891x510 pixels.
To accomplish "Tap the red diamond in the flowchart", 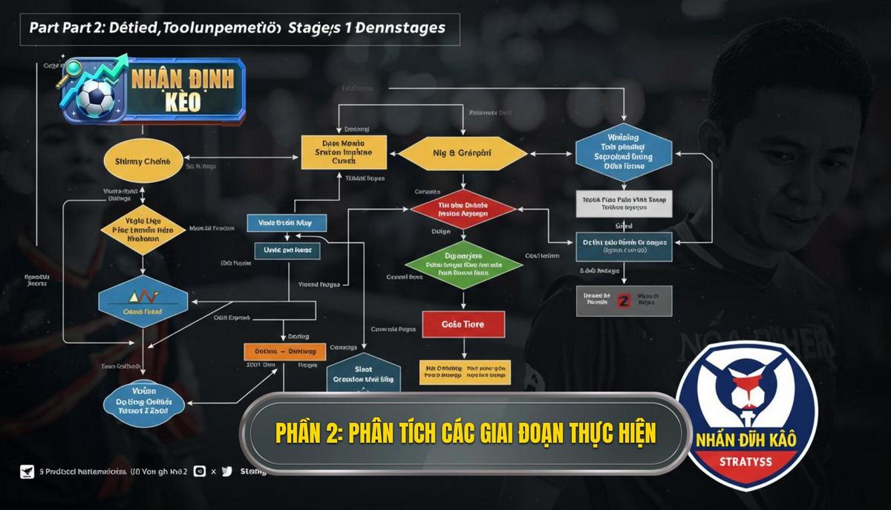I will (x=463, y=210).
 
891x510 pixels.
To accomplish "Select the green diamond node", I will (x=463, y=264).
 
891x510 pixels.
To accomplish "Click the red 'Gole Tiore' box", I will (x=463, y=324).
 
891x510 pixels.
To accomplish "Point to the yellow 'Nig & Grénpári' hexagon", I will (x=463, y=153).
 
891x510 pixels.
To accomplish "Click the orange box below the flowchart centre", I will (x=285, y=351).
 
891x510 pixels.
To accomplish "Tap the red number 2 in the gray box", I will (x=624, y=301).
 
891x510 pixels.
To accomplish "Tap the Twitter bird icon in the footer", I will (x=226, y=471).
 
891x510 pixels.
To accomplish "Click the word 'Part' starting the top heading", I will (x=44, y=28).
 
